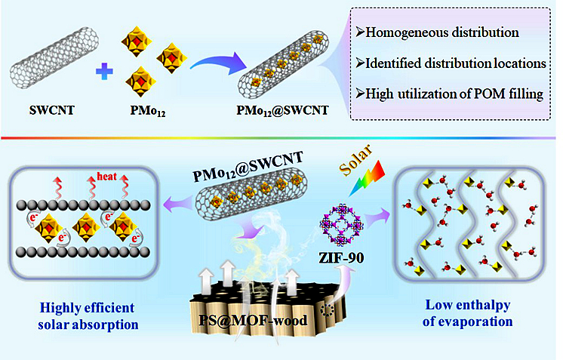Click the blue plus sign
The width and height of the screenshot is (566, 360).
tap(104, 72)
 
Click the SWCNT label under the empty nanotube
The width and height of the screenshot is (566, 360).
tap(52, 109)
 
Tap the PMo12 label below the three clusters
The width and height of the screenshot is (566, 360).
tap(148, 110)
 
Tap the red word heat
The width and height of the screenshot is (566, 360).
tap(107, 176)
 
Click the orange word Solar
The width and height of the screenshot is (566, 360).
tap(356, 160)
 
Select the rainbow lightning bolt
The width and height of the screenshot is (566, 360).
tap(368, 178)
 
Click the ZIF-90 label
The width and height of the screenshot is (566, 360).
tap(341, 258)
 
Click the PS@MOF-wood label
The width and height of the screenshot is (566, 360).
tap(253, 320)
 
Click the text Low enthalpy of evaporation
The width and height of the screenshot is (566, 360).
tap(468, 313)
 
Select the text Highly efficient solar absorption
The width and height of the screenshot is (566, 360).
tap(88, 316)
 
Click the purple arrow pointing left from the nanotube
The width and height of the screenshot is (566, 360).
tap(179, 205)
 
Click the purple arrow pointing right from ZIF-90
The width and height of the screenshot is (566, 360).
tap(377, 217)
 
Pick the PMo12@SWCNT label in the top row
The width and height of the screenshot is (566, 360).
tap(283, 110)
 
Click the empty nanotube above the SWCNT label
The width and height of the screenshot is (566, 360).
tap(54, 58)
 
